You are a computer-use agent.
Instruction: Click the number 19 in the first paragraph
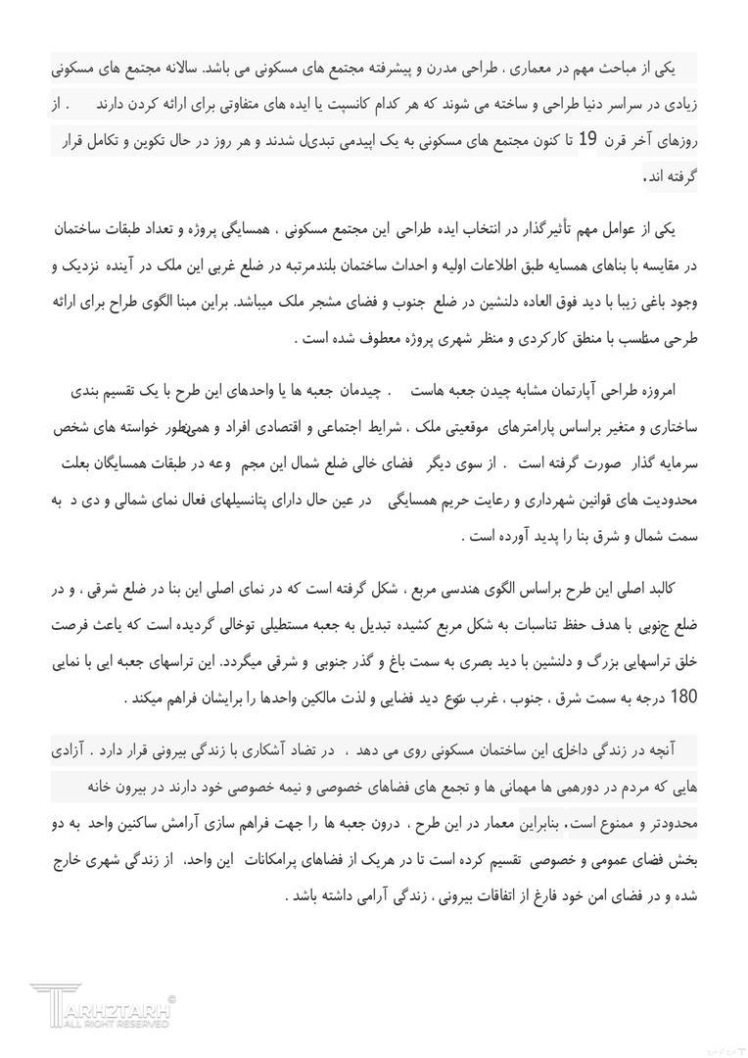586,140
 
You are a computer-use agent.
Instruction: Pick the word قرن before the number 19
619,141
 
